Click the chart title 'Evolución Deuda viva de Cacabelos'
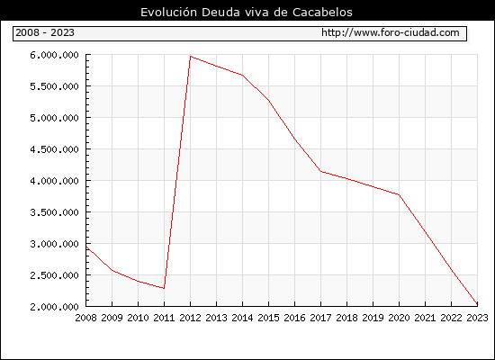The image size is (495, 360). tap(247, 13)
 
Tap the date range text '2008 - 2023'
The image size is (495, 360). tap(45, 32)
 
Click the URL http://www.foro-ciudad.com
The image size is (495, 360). tap(391, 32)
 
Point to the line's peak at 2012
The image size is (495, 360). tap(191, 56)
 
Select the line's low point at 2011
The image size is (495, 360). tap(164, 288)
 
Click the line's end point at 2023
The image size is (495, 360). tap(477, 304)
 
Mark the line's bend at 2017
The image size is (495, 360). tap(320, 172)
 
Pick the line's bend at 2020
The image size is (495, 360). tap(399, 194)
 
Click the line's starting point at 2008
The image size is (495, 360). tap(86, 247)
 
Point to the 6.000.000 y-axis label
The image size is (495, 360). tap(54, 55)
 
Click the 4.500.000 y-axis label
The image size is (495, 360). tap(54, 149)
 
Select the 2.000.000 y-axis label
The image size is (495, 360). tap(54, 307)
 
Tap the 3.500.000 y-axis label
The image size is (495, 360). tap(54, 212)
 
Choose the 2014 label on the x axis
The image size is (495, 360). tap(242, 318)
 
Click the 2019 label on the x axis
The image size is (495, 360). tap(373, 318)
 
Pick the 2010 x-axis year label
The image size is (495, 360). tap(138, 318)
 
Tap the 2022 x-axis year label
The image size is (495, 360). tap(451, 318)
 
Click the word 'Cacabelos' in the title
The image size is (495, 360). tap(322, 13)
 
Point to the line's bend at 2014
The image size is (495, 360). tap(242, 76)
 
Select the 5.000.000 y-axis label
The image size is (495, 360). tap(54, 118)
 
